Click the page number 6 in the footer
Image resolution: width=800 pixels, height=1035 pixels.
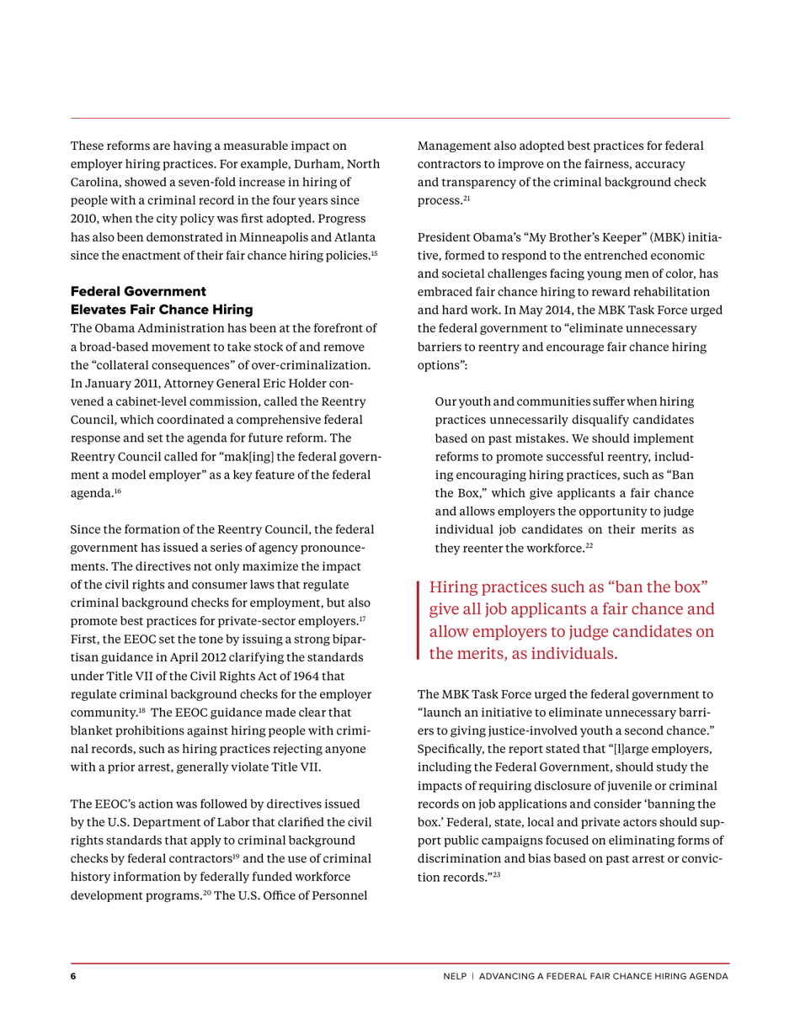[x=73, y=976]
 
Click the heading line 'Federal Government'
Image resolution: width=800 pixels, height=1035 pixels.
[x=137, y=290]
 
